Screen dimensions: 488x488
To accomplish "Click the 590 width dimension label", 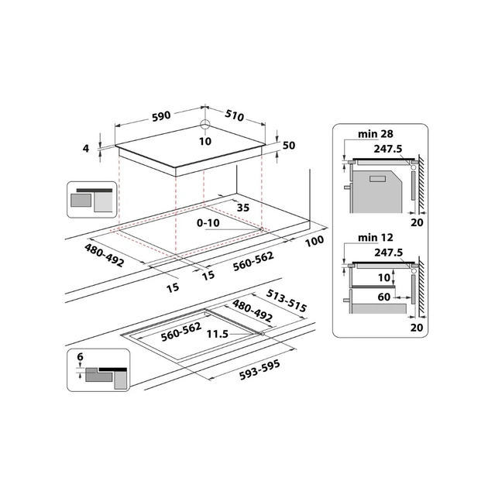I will [x=160, y=116].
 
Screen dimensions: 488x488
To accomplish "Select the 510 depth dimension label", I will [x=233, y=116].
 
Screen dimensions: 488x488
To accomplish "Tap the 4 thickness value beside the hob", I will [x=88, y=148].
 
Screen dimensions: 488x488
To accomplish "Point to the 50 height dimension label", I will [x=290, y=146].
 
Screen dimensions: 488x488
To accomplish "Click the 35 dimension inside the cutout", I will [x=242, y=208].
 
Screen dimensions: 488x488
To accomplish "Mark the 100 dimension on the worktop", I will [x=314, y=242].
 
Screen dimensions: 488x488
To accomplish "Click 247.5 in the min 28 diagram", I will [x=387, y=149].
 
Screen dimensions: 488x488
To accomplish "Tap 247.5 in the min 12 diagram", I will [x=387, y=253].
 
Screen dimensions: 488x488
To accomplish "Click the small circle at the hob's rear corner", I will [x=205, y=125].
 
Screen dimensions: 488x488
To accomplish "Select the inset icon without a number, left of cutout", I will [x=91, y=199].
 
